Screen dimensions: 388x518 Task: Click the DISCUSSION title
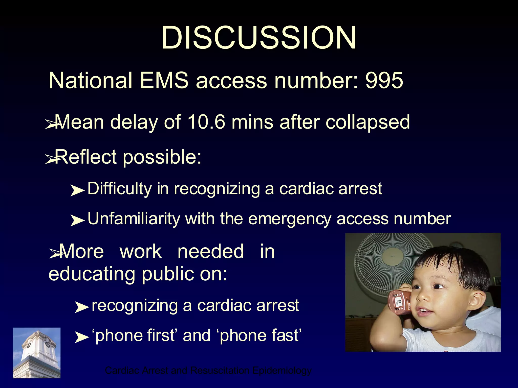pos(258,38)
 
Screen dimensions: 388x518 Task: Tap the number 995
pos(384,80)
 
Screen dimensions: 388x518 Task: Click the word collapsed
pos(368,123)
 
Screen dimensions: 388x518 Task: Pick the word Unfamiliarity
pos(134,219)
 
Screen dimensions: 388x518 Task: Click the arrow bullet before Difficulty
pos(77,191)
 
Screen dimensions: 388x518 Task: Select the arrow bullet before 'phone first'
pos(81,337)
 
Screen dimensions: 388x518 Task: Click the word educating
pos(92,274)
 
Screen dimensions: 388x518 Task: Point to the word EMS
pos(164,80)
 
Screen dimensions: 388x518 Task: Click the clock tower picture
pos(37,353)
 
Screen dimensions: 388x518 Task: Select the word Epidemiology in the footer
pos(282,371)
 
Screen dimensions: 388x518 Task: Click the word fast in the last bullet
pos(285,335)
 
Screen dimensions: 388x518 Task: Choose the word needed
pos(211,252)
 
